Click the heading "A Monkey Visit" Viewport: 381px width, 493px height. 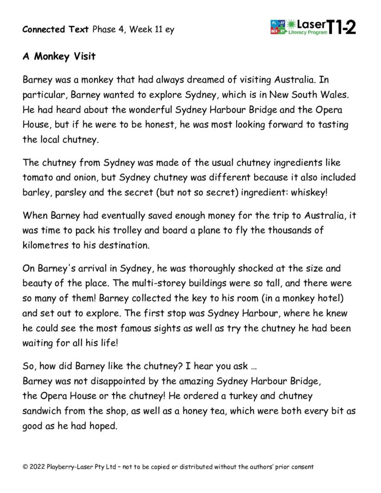(x=59, y=57)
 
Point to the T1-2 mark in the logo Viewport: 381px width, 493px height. (x=342, y=27)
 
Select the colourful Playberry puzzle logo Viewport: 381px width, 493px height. (x=278, y=27)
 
